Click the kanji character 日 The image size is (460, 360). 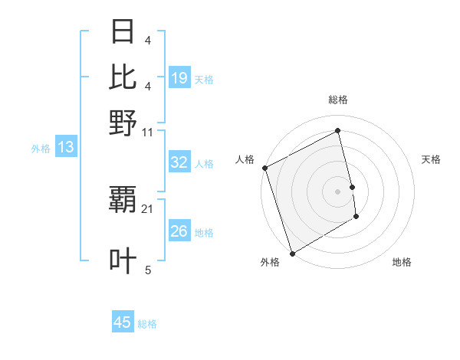(123, 32)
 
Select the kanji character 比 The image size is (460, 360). (123, 77)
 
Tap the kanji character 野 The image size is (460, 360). (123, 122)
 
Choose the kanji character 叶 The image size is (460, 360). (123, 260)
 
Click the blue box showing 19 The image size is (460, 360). (179, 78)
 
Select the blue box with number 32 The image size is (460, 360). (179, 162)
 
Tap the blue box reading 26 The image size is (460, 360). (179, 231)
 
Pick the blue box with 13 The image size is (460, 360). (65, 148)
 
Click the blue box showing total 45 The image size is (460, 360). (123, 322)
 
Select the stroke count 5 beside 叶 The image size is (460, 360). (148, 270)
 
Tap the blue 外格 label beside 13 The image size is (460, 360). (41, 149)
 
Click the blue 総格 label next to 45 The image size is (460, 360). (147, 323)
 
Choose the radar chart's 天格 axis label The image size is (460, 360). (431, 159)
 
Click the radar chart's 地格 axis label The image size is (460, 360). (402, 262)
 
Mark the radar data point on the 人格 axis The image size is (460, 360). (264, 168)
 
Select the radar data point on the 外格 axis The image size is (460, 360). (292, 254)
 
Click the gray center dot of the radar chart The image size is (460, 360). (337, 191)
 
